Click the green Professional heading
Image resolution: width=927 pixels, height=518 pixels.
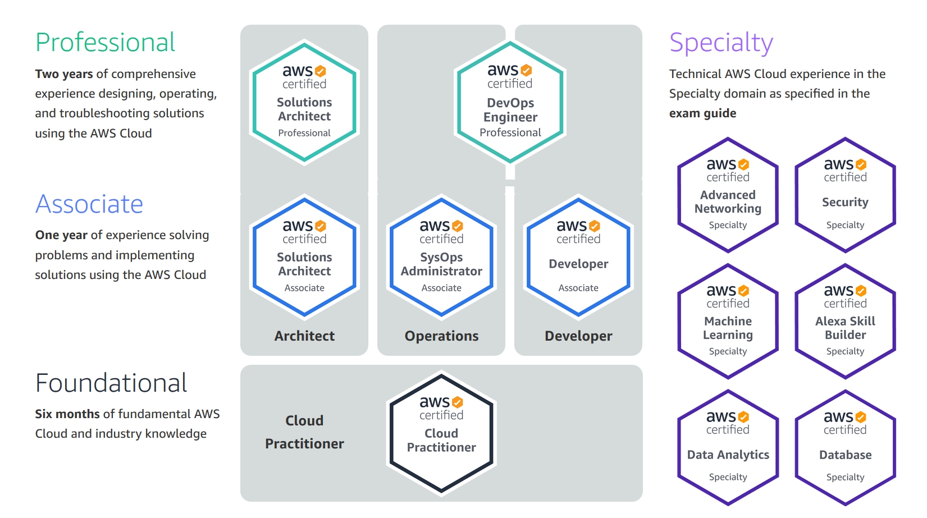(x=105, y=43)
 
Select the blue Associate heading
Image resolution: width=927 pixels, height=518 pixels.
(x=89, y=204)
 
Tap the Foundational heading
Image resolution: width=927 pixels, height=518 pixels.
(x=111, y=383)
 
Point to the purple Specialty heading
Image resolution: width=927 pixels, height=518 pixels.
(x=721, y=43)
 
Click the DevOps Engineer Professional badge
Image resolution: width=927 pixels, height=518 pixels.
(x=510, y=102)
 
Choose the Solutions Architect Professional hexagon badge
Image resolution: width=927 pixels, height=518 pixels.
(x=304, y=102)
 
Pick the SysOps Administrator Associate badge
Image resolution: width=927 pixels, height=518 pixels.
(x=441, y=257)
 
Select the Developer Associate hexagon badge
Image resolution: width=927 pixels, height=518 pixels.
(x=578, y=257)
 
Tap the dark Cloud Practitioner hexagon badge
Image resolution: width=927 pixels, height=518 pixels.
(x=441, y=433)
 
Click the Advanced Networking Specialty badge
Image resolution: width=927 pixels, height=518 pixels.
(x=728, y=195)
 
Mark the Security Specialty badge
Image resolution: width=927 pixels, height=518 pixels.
(x=845, y=195)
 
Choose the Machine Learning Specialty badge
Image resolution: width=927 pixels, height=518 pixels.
(x=728, y=322)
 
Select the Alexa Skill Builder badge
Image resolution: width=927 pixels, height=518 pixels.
(x=845, y=322)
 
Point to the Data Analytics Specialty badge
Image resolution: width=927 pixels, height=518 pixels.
(x=728, y=448)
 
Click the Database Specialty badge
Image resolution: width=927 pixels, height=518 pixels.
(x=845, y=448)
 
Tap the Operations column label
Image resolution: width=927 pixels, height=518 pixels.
(x=441, y=336)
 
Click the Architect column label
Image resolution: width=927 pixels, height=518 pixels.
(x=304, y=336)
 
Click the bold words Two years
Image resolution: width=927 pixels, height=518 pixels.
(x=64, y=74)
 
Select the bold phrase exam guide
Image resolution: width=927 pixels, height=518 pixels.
(x=702, y=113)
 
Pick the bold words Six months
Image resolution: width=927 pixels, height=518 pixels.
(x=67, y=414)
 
